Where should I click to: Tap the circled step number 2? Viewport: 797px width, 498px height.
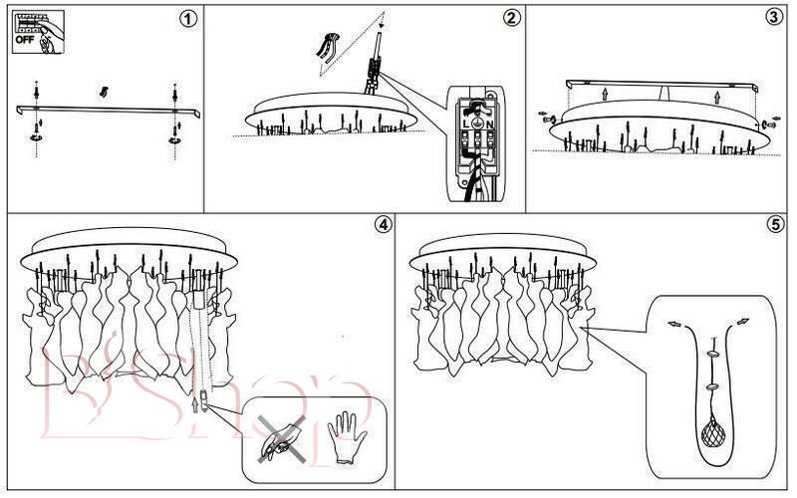(x=511, y=18)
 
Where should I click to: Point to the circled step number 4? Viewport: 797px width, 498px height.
(x=383, y=223)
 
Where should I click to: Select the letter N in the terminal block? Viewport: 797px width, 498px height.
(x=491, y=125)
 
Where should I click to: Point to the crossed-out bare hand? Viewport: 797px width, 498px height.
(x=278, y=437)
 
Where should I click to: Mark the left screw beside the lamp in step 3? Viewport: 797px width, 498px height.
(x=547, y=117)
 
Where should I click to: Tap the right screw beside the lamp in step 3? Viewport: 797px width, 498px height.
(x=771, y=124)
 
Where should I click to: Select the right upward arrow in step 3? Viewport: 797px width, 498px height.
(x=718, y=97)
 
